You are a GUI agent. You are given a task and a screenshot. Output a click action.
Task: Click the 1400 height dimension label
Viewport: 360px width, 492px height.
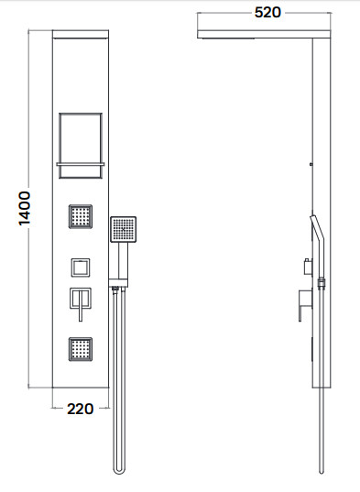coord(25,208)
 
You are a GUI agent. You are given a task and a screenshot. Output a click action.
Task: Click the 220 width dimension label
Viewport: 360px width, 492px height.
coord(81,409)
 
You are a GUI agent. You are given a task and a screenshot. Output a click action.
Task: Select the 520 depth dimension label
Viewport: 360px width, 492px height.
coord(267,13)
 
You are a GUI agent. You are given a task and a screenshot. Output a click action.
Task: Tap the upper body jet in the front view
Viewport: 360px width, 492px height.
coord(81,216)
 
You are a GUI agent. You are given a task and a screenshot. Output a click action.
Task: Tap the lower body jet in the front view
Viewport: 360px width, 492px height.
coord(81,349)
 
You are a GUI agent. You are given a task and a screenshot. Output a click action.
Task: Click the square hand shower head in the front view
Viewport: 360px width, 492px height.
coord(124,229)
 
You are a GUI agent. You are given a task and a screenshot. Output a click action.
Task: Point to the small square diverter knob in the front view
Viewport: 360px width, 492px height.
coord(81,268)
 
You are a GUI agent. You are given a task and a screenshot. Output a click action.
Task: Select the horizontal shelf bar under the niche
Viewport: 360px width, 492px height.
coord(81,164)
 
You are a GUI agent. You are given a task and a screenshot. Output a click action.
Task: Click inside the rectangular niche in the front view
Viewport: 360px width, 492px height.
coord(81,138)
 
